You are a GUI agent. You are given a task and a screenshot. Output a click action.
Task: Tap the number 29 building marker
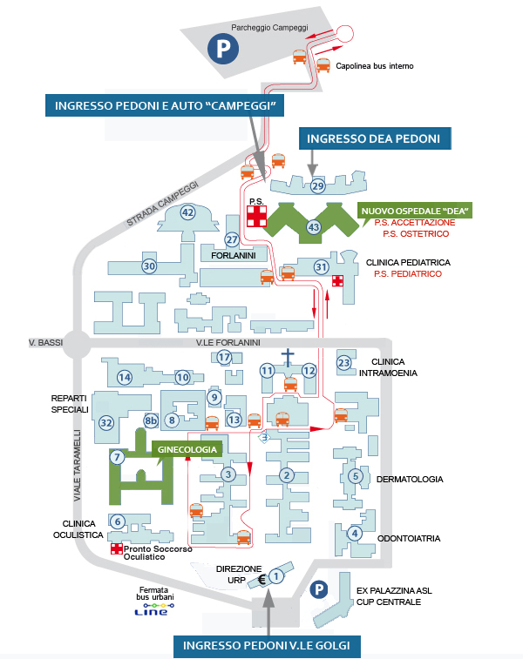pos(317,185)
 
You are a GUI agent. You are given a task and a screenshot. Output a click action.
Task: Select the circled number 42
pos(187,212)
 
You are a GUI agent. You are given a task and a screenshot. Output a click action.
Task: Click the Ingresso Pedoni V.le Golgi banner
pos(267,645)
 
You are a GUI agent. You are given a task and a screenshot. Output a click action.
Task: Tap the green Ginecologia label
pos(187,449)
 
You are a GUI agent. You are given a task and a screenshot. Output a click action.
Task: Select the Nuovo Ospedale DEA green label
pos(414,211)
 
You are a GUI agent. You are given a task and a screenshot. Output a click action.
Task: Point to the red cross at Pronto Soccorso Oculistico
pos(117,549)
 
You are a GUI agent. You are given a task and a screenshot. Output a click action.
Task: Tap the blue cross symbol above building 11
pos(289,356)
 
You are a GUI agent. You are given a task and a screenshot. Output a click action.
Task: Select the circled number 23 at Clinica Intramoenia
pos(344,363)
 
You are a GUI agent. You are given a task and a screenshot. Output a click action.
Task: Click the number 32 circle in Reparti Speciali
pos(106,422)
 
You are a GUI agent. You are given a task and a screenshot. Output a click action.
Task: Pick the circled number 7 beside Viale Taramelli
pos(116,456)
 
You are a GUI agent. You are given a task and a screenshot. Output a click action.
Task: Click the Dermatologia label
pos(410,479)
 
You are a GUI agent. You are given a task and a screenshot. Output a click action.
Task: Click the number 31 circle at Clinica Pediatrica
pos(321,266)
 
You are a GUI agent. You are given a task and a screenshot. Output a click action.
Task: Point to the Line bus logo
pos(146,612)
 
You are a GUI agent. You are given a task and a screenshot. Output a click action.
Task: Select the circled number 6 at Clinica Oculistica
pos(117,521)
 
